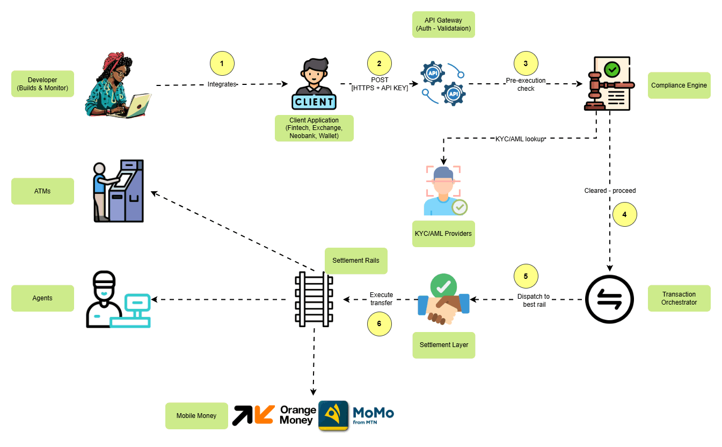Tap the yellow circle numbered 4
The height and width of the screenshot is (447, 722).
click(x=624, y=214)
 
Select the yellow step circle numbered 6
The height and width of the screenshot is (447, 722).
click(x=380, y=323)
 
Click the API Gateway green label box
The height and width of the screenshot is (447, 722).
click(x=443, y=25)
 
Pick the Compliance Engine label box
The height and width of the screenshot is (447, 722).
click(x=679, y=85)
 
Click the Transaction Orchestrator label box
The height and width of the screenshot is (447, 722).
click(x=679, y=298)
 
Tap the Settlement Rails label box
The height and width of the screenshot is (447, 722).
click(x=356, y=261)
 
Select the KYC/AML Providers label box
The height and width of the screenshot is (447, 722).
click(x=443, y=234)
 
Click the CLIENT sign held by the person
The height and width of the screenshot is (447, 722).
click(x=314, y=101)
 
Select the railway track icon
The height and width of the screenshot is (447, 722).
click(x=314, y=299)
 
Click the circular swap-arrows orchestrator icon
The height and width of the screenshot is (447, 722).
click(x=609, y=299)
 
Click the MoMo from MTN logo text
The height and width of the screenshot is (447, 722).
click(x=373, y=415)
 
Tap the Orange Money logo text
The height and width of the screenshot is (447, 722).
click(x=298, y=415)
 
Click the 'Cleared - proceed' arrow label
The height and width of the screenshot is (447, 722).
click(x=610, y=191)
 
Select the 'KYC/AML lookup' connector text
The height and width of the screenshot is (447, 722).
click(x=520, y=139)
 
